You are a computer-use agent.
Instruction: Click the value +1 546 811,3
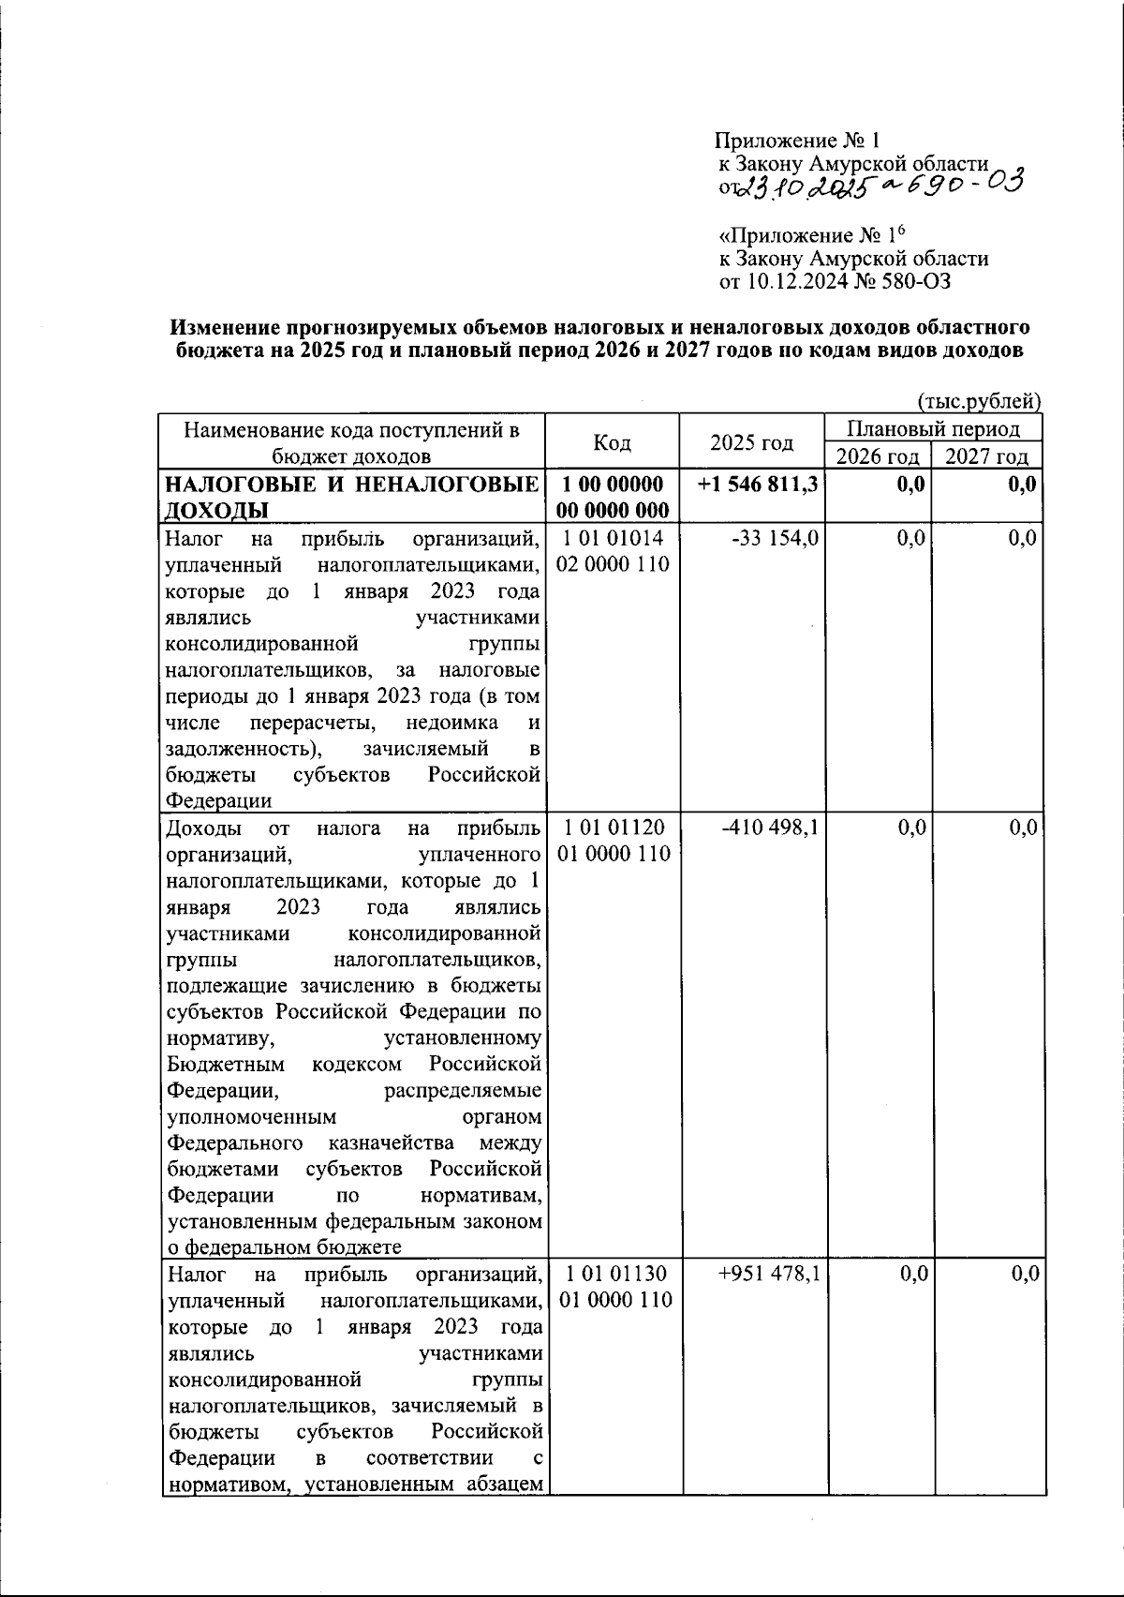(x=758, y=485)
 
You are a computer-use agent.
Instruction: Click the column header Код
(x=613, y=442)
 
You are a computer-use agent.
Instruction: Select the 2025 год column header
(x=751, y=442)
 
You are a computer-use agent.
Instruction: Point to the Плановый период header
(x=933, y=429)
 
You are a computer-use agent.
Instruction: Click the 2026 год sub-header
(x=877, y=456)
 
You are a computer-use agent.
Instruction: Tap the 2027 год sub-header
(x=985, y=456)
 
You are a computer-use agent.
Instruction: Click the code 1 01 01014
(x=614, y=538)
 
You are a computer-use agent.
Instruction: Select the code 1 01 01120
(x=614, y=828)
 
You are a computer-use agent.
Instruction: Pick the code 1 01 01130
(x=614, y=1274)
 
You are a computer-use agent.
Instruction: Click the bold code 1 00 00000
(x=614, y=485)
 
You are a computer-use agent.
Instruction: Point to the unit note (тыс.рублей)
(x=978, y=402)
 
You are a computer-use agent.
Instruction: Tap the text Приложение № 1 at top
(x=797, y=142)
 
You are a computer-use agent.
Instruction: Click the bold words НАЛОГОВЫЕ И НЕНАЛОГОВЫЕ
(x=352, y=485)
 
